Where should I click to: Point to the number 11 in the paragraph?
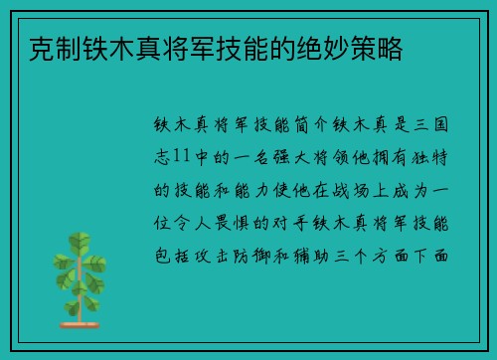(x=180, y=158)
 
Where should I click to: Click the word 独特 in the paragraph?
(x=434, y=158)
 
